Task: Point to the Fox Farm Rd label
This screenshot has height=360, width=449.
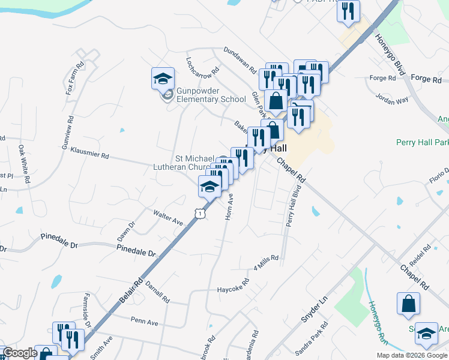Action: click(74, 77)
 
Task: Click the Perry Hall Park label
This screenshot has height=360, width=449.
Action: click(422, 143)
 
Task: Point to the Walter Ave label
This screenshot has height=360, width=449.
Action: click(167, 217)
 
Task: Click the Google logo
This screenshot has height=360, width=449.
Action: click(20, 353)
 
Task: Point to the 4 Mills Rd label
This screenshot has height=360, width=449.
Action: click(267, 261)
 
